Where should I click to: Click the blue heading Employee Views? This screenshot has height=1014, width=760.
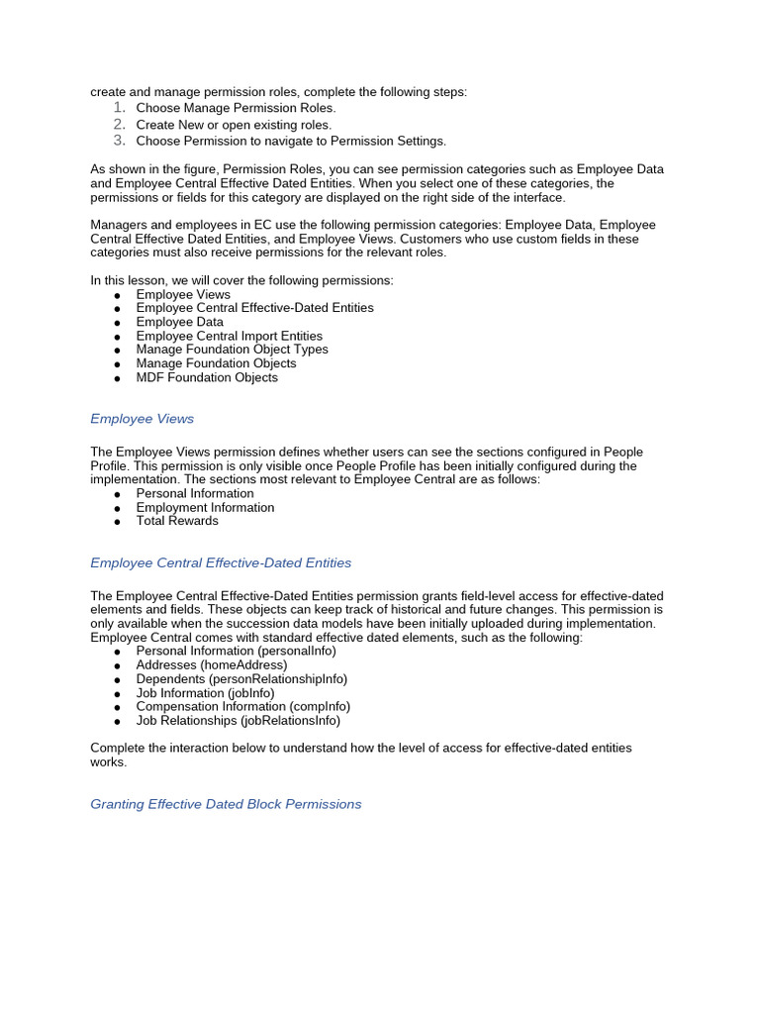pos(142,419)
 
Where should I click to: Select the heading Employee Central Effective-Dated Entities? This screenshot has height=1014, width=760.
pos(221,562)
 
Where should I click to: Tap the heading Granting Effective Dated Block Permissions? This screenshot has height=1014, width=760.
pos(226,804)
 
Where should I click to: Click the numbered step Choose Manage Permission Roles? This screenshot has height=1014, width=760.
pos(236,108)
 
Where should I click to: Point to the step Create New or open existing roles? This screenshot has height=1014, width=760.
pos(234,125)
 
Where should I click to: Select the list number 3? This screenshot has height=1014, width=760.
pos(118,141)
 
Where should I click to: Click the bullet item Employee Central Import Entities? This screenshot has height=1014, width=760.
pos(229,336)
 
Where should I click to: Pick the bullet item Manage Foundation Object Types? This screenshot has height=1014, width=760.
pos(232,350)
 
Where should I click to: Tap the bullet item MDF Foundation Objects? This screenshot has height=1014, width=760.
pos(207,377)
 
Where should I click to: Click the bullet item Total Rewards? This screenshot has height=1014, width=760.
pos(177,521)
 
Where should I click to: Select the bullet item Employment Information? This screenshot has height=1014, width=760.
pos(205,507)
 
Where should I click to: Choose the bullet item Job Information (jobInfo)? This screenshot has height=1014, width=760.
pos(205,693)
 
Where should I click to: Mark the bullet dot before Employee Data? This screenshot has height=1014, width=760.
pos(118,323)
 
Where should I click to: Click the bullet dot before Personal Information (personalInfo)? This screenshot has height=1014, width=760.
pos(118,653)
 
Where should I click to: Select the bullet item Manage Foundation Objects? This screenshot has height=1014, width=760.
pos(216,363)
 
